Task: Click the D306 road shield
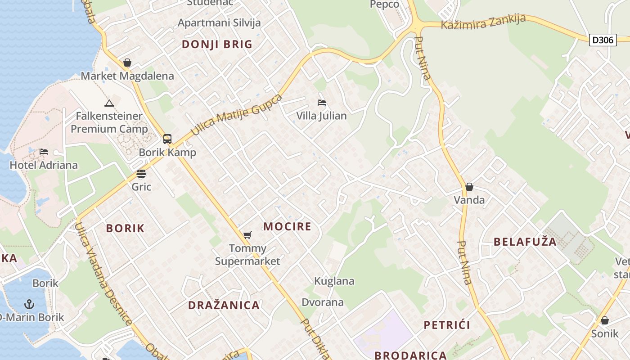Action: pyautogui.click(x=603, y=40)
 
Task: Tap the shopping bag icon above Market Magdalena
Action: pyautogui.click(x=127, y=63)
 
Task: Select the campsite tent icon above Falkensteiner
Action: pyautogui.click(x=109, y=103)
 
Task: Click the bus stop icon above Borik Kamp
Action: pyautogui.click(x=167, y=139)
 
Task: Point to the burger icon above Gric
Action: pyautogui.click(x=141, y=174)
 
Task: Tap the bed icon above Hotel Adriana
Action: pyautogui.click(x=44, y=152)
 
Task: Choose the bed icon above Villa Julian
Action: pyautogui.click(x=321, y=103)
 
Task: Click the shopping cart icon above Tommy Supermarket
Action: pyautogui.click(x=247, y=235)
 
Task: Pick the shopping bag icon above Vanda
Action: pyautogui.click(x=469, y=187)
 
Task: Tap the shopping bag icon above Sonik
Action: pyautogui.click(x=605, y=320)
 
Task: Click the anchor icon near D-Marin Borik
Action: pyautogui.click(x=29, y=304)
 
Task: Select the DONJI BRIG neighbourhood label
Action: pyautogui.click(x=217, y=44)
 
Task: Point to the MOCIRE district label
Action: pyautogui.click(x=287, y=226)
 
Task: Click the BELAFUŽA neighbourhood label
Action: pyautogui.click(x=525, y=242)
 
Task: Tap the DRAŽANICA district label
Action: pyautogui.click(x=224, y=305)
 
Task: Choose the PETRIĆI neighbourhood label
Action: pyautogui.click(x=447, y=325)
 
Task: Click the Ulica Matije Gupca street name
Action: pyautogui.click(x=237, y=115)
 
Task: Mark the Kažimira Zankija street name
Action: pyautogui.click(x=483, y=22)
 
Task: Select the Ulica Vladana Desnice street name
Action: pyautogui.click(x=103, y=273)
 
